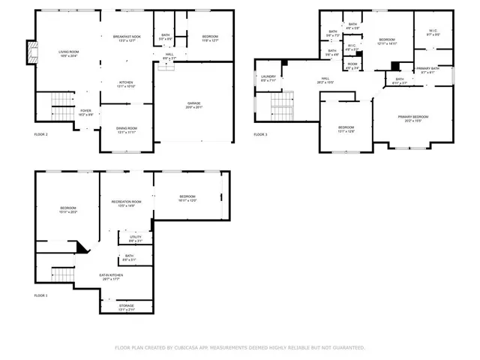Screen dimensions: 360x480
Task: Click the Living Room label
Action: coord(69,53)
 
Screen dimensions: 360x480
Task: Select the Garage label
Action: coord(194,104)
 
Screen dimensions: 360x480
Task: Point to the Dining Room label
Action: coord(126,130)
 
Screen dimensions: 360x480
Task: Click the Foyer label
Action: coord(86,112)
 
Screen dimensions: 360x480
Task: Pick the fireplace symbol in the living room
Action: coord(30,50)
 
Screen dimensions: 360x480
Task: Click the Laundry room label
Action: coord(268,77)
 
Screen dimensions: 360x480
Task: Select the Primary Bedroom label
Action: coord(412,118)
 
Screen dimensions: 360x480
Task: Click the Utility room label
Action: coord(135,238)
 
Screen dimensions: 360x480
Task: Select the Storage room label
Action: coord(127,307)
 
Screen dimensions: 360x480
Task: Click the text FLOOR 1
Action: coord(40,295)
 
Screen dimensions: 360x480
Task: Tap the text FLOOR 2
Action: coord(40,134)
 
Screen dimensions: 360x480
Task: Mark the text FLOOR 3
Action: coord(260,134)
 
